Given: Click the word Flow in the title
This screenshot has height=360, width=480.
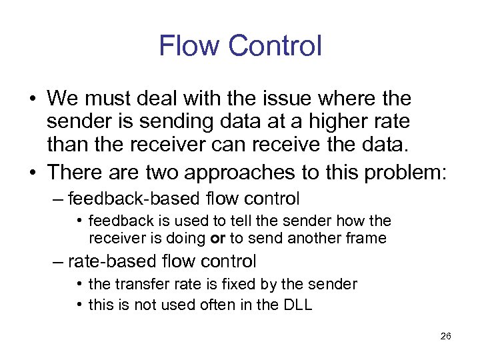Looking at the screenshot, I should [189, 46].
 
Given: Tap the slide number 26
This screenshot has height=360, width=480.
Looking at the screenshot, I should [446, 336].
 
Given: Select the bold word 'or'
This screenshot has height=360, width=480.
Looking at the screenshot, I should [219, 238].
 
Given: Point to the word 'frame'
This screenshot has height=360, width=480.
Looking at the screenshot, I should [367, 238].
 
